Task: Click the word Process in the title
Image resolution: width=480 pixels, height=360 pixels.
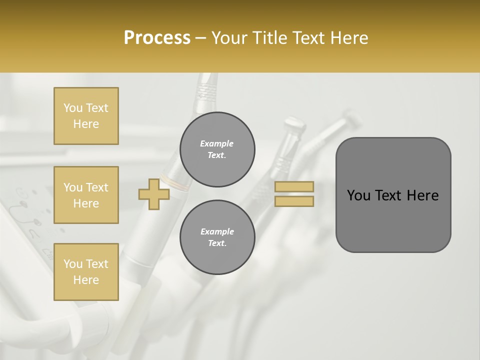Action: point(157,38)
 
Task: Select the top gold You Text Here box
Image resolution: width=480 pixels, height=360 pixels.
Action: point(86,116)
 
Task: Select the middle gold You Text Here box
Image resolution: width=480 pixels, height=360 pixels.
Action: point(86,195)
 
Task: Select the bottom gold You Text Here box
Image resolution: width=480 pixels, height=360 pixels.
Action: point(86,271)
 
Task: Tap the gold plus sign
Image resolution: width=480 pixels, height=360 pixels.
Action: point(153,194)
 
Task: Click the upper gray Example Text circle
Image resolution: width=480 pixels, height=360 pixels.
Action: point(217,149)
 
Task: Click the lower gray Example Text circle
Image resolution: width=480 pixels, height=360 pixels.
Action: point(217,237)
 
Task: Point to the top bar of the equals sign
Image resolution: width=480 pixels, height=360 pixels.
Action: point(294,187)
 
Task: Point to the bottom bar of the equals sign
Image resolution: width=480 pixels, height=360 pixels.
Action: point(294,201)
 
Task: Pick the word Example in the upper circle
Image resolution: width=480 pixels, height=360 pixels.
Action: point(217,143)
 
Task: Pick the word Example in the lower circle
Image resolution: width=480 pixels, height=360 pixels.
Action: point(217,231)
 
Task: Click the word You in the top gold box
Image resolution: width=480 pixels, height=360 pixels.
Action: point(73,108)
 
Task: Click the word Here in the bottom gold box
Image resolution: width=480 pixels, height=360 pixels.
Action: point(86,280)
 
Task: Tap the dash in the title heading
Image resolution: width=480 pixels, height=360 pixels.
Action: point(201,38)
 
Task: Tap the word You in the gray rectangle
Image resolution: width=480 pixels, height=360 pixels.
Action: point(358,195)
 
